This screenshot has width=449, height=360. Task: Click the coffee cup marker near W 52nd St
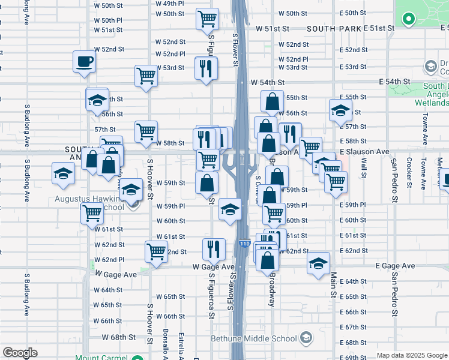pyautogui.click(x=84, y=61)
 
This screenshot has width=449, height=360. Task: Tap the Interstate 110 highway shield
pyautogui.click(x=244, y=244)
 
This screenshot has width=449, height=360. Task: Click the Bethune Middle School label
pyautogui.click(x=254, y=338)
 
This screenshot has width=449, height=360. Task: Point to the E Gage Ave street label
pyautogui.click(x=395, y=266)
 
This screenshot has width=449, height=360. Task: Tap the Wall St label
pyautogui.click(x=363, y=169)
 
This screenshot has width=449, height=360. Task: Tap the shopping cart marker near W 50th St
pyautogui.click(x=206, y=19)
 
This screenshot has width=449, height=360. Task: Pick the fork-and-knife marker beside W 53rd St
pyautogui.click(x=206, y=67)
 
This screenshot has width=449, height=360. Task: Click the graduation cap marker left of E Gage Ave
pyautogui.click(x=318, y=263)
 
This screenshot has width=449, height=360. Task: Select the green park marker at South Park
pyautogui.click(x=409, y=19)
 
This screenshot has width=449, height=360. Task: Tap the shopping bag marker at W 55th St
pyautogui.click(x=272, y=102)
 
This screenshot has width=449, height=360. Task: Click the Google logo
pyautogui.click(x=20, y=353)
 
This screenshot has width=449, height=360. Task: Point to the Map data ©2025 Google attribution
pyautogui.click(x=412, y=355)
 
